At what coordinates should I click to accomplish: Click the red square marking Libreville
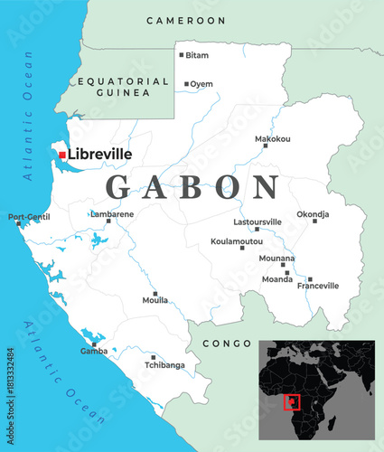click(x=62, y=155)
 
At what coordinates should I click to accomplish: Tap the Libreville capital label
click(x=99, y=155)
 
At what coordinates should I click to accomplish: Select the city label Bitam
click(x=197, y=55)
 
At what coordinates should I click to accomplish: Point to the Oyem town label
click(x=201, y=84)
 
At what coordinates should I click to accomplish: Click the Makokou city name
click(x=273, y=139)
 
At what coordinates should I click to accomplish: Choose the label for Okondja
click(x=313, y=214)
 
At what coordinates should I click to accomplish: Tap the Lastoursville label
click(x=258, y=221)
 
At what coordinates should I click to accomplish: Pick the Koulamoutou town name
click(x=237, y=241)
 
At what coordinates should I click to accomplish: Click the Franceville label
click(x=318, y=286)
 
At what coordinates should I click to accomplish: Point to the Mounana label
click(x=276, y=258)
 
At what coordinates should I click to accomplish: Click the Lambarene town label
click(x=112, y=214)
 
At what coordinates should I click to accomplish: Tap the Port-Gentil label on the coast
click(x=29, y=217)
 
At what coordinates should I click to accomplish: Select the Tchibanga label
click(x=165, y=365)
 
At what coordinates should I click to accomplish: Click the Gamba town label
click(x=94, y=351)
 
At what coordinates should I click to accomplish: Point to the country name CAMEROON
click(x=185, y=20)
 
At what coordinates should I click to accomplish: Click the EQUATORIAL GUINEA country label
click(x=124, y=87)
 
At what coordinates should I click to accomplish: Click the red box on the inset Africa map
click(x=291, y=401)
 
